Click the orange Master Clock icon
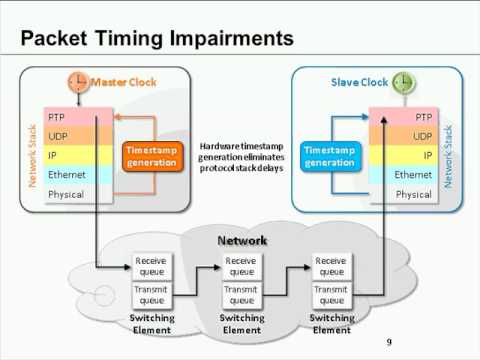[x=78, y=81]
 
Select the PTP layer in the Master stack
[x=77, y=117]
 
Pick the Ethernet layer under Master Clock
[x=77, y=174]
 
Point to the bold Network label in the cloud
[x=241, y=241]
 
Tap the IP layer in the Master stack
[x=77, y=155]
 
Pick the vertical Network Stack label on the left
[x=32, y=155]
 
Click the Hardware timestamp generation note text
[x=240, y=155]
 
